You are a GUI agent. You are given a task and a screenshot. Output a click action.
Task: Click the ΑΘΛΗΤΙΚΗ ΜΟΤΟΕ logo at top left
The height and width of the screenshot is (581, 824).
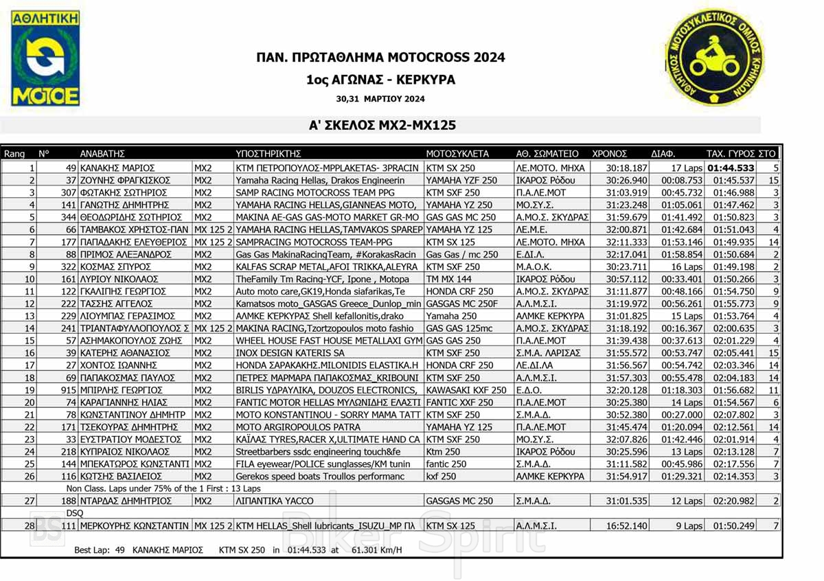pyautogui.click(x=45, y=59)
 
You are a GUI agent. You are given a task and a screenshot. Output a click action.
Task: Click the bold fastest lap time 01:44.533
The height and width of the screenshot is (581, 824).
pyautogui.click(x=731, y=167)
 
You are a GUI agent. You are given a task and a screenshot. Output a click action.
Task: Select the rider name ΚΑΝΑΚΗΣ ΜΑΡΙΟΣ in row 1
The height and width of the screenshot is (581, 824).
pyautogui.click(x=117, y=167)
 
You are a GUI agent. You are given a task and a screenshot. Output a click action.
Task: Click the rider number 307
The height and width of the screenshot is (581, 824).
pyautogui.click(x=67, y=192)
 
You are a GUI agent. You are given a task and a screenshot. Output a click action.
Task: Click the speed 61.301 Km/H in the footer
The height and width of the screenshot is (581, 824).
pyautogui.click(x=376, y=549)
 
